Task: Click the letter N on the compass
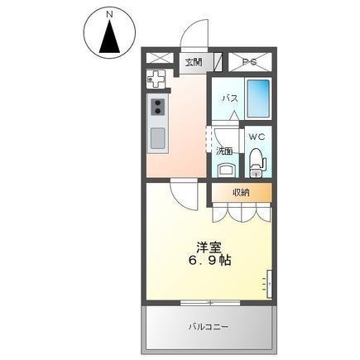(x=110, y=15)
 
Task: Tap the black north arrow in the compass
(x=110, y=36)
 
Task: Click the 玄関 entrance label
(x=194, y=62)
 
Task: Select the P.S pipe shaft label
(x=250, y=62)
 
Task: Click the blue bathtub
(x=258, y=98)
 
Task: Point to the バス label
(x=230, y=98)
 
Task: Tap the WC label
(x=257, y=137)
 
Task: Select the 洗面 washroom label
(x=224, y=151)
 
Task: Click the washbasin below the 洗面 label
(x=228, y=170)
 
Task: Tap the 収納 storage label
(x=241, y=192)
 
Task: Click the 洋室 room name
(x=209, y=247)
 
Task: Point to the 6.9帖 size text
(x=209, y=260)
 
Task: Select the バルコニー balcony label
(x=209, y=327)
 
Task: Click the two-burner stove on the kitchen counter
(x=158, y=107)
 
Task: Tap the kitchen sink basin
(x=158, y=138)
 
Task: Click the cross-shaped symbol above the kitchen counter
(x=156, y=79)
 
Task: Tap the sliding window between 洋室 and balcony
(x=210, y=302)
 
